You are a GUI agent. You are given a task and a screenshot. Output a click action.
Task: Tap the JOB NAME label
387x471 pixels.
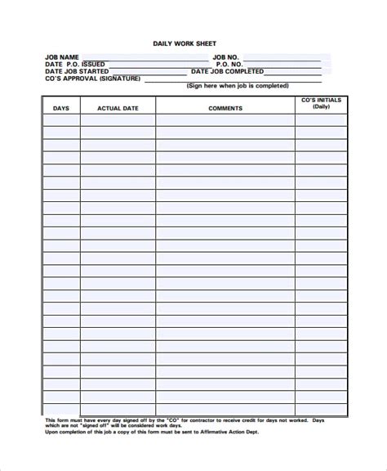pyautogui.click(x=62, y=57)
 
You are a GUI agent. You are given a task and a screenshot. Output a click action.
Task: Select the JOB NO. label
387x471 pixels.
pyautogui.click(x=228, y=57)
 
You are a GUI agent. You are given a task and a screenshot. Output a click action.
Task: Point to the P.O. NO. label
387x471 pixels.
pyautogui.click(x=229, y=65)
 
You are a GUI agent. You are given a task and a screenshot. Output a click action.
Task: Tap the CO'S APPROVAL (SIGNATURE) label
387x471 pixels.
pyautogui.click(x=92, y=79)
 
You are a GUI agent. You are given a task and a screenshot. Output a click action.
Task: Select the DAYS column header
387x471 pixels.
pyautogui.click(x=61, y=108)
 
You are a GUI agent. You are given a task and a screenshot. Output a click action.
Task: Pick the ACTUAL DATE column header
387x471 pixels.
pyautogui.click(x=118, y=108)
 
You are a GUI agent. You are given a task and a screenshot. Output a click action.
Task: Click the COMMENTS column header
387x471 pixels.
pyautogui.click(x=225, y=108)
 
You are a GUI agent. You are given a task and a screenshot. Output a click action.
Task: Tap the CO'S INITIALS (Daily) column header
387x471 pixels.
pyautogui.click(x=321, y=104)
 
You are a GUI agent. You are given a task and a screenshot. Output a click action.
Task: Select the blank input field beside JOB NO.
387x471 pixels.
pyautogui.click(x=286, y=57)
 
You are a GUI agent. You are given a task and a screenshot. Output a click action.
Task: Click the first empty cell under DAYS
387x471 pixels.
pyautogui.click(x=61, y=120)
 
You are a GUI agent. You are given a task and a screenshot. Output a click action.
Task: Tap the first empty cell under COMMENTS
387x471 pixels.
pyautogui.click(x=225, y=120)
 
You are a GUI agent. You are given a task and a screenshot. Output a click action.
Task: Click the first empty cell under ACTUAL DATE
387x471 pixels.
pyautogui.click(x=118, y=120)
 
